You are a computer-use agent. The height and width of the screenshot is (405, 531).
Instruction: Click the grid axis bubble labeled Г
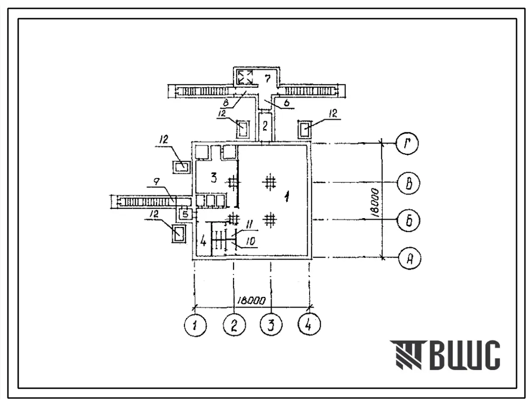[x=407, y=144]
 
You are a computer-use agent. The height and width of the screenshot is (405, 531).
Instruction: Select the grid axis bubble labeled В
[x=409, y=183]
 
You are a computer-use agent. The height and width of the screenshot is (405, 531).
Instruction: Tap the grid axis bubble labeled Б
[x=409, y=220]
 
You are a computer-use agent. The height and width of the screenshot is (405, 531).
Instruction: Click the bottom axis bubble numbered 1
[x=195, y=325]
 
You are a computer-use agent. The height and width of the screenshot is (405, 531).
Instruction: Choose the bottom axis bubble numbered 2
[x=234, y=325]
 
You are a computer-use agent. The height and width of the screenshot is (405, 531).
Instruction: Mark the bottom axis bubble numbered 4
[x=309, y=324]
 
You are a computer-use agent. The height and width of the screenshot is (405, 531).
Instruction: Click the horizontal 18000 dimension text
[x=251, y=301]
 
